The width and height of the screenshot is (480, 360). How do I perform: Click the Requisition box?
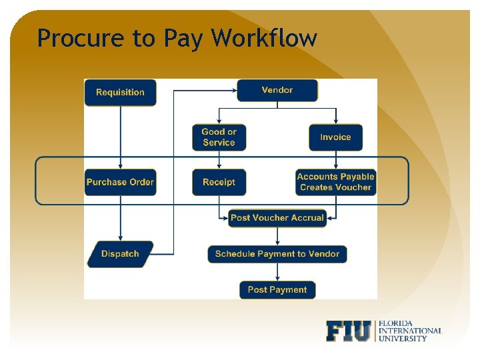(x=120, y=93)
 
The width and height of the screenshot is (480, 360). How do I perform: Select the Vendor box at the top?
(x=277, y=90)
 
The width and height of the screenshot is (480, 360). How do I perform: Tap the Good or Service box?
(x=219, y=137)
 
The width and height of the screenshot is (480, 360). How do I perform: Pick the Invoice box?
(x=335, y=137)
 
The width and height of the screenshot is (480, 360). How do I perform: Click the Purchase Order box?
(x=120, y=182)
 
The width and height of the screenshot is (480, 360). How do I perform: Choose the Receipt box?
(x=219, y=182)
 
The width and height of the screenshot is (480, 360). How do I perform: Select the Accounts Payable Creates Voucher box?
(x=335, y=182)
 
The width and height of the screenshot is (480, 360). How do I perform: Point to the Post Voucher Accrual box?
(x=277, y=218)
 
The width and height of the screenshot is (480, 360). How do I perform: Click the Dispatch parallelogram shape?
(x=120, y=254)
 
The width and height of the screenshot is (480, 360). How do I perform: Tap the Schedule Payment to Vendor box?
(x=277, y=254)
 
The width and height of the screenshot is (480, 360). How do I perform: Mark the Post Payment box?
(x=277, y=290)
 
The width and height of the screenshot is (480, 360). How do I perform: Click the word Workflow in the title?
(x=264, y=38)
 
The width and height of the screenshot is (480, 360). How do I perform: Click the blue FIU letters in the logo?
(x=348, y=331)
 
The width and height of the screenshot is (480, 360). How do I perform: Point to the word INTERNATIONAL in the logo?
(x=409, y=331)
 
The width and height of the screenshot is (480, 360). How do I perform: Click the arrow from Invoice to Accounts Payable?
(x=335, y=160)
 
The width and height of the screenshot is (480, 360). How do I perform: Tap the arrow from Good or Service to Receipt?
(x=219, y=160)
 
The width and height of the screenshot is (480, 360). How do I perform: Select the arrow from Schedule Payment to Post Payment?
(x=277, y=272)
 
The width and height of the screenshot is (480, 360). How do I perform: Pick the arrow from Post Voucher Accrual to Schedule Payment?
(x=277, y=236)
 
